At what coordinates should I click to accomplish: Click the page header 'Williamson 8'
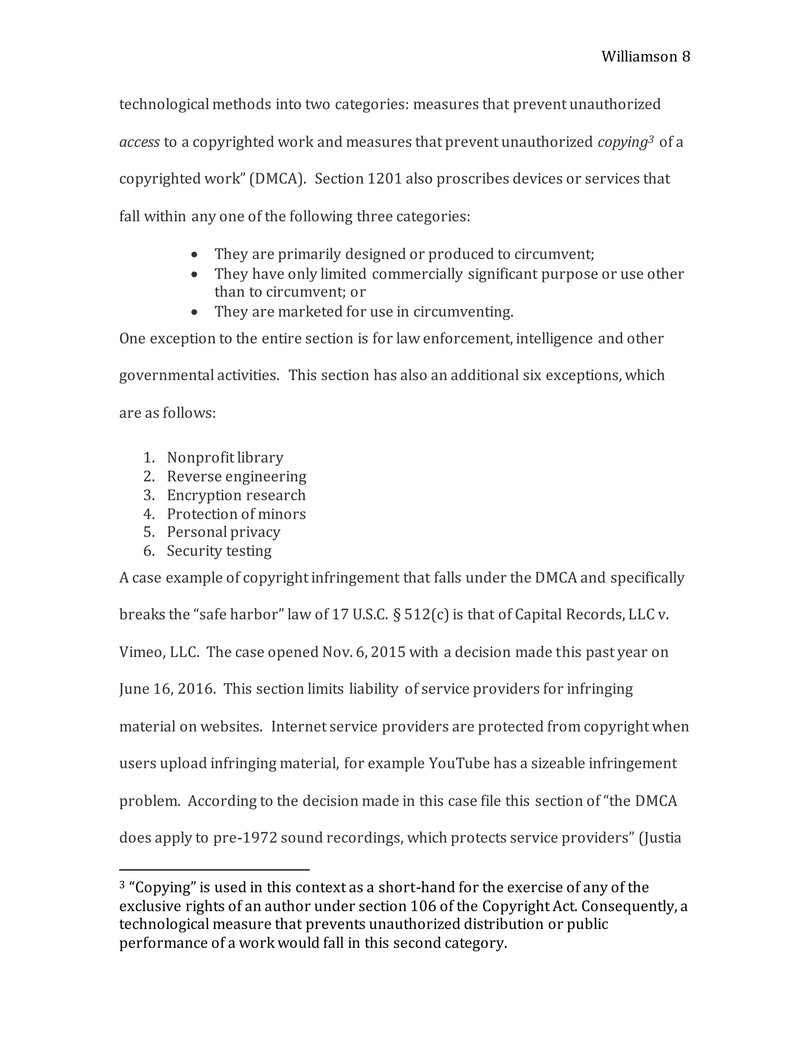click(645, 56)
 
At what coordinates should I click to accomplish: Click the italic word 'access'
click(139, 142)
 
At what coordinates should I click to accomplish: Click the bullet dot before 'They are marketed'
click(194, 313)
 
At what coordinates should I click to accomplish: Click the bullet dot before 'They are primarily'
click(194, 254)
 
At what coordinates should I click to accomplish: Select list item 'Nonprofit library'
click(225, 458)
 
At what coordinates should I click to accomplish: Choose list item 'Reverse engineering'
click(236, 476)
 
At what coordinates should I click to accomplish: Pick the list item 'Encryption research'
click(236, 495)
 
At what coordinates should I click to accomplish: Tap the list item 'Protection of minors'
click(236, 514)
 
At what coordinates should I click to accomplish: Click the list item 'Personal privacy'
click(223, 532)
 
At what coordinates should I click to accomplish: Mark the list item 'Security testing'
click(219, 551)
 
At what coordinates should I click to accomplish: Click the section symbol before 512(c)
click(396, 615)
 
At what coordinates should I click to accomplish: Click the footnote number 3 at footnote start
click(122, 885)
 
